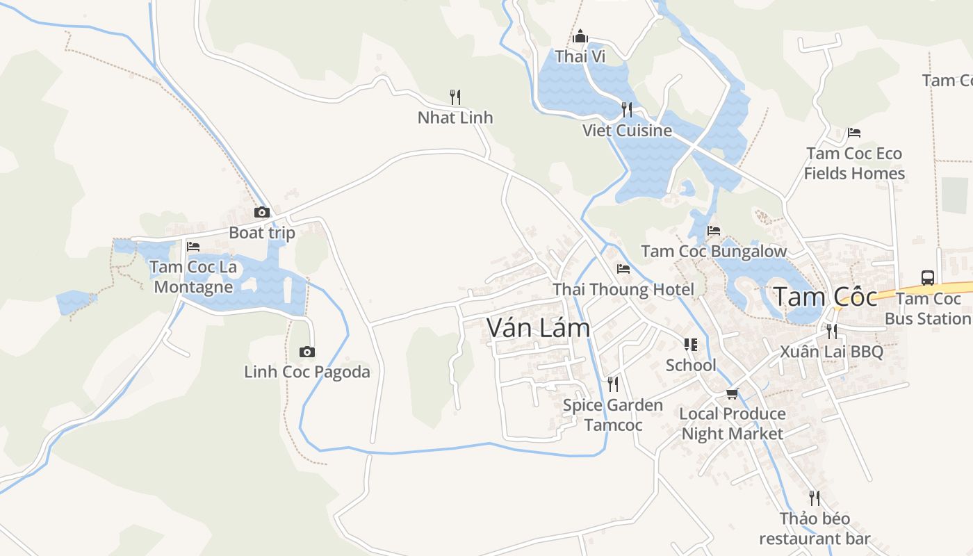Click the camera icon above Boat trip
262,213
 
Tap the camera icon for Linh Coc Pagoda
307,352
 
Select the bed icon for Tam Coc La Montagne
193,247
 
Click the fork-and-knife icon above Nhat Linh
455,97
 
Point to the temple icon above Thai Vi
580,36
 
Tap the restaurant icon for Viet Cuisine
627,109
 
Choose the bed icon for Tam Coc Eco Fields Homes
854,133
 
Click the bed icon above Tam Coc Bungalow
714,231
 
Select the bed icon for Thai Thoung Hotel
623,269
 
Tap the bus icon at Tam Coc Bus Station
928,278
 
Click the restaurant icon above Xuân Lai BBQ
831,331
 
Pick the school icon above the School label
691,345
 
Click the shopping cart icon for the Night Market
732,394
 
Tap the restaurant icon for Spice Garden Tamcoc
613,384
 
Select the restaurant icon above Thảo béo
815,498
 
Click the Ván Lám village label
539,328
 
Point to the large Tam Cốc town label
826,297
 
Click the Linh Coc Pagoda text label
307,372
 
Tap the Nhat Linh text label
455,117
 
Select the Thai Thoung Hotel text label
623,289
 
